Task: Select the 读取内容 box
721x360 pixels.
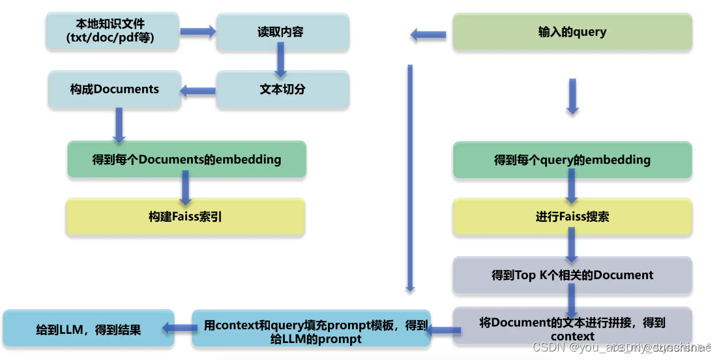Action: pyautogui.click(x=282, y=31)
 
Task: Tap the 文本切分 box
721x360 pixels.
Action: pyautogui.click(x=282, y=89)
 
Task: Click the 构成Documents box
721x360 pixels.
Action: pyautogui.click(x=115, y=89)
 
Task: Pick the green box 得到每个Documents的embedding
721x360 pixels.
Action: pyautogui.click(x=186, y=159)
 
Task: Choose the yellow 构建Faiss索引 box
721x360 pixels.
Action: pyautogui.click(x=185, y=217)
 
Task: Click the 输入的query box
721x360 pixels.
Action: pyautogui.click(x=572, y=31)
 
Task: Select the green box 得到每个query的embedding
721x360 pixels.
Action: pyautogui.click(x=572, y=160)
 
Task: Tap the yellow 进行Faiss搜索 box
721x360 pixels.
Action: pyautogui.click(x=572, y=217)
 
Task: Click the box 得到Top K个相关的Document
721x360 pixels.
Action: pyautogui.click(x=572, y=275)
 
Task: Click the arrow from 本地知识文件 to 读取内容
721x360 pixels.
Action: pyautogui.click(x=198, y=31)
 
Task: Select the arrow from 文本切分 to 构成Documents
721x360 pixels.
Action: pyautogui.click(x=198, y=91)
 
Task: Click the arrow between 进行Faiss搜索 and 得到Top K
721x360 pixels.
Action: pyautogui.click(x=572, y=245)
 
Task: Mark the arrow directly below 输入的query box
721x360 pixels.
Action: pyautogui.click(x=572, y=97)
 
